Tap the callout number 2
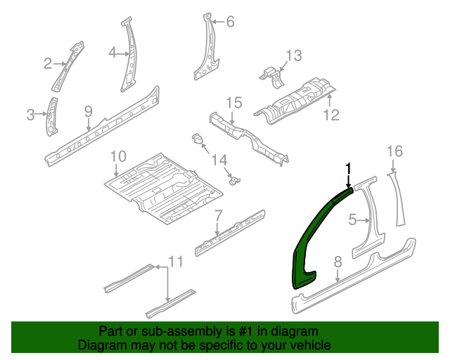[x=48, y=64]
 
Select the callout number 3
[x=30, y=115]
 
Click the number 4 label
[x=112, y=51]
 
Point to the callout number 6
[x=229, y=22]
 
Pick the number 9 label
[x=88, y=110]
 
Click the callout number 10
[x=117, y=155]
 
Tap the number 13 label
[x=293, y=56]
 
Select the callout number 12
[x=331, y=115]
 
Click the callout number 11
[x=175, y=262]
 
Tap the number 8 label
[x=337, y=262]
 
